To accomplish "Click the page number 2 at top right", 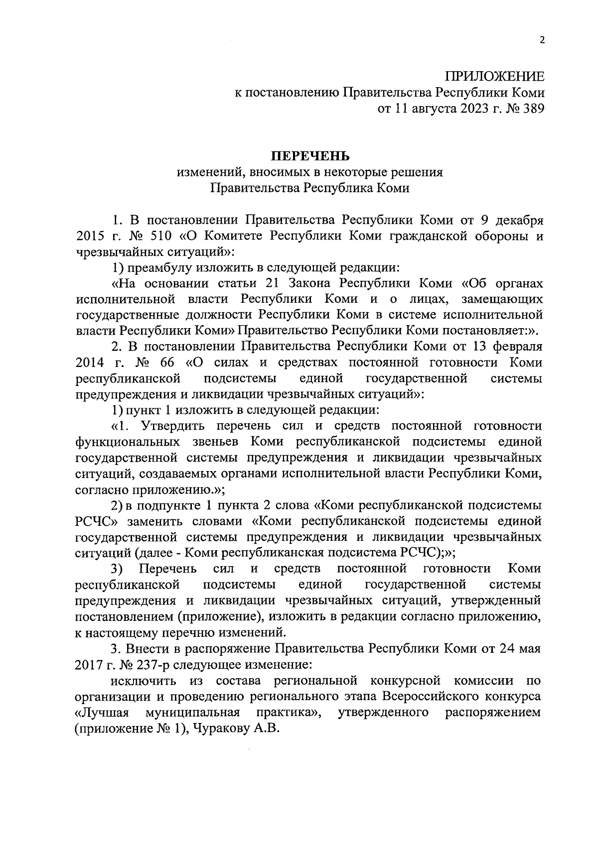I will tap(542, 41).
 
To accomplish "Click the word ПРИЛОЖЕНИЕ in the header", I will tap(495, 77).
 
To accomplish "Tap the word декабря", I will tap(518, 220).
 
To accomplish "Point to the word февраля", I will tap(518, 346).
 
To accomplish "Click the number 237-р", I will tap(142, 665).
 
